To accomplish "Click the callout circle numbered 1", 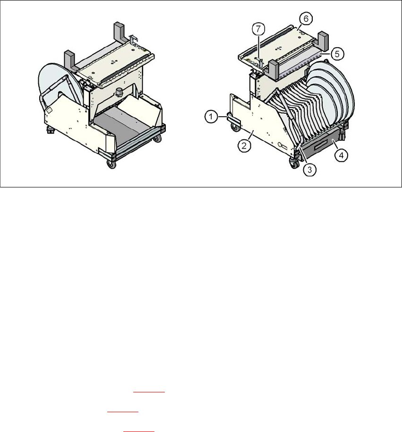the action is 211,117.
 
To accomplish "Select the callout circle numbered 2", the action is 244,145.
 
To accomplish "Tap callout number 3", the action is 309,169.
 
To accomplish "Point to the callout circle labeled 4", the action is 342,155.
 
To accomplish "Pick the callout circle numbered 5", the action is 337,54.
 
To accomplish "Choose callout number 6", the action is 306,19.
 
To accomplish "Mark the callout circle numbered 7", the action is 258,29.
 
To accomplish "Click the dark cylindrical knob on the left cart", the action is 120,92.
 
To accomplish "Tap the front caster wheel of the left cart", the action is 111,164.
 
